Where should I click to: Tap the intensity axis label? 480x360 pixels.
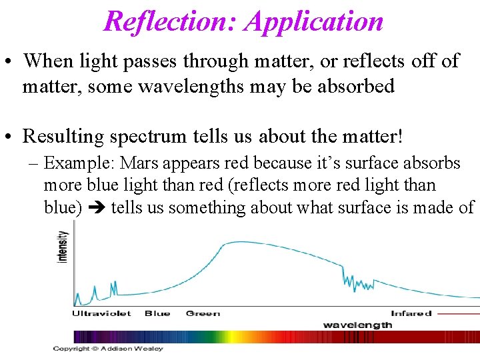[63, 246]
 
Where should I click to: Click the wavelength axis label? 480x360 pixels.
[357, 325]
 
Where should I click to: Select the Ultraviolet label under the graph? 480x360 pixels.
[101, 313]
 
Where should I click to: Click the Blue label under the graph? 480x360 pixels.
[157, 313]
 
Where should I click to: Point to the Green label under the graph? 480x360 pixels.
[203, 313]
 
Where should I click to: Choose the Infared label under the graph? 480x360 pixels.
[411, 313]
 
